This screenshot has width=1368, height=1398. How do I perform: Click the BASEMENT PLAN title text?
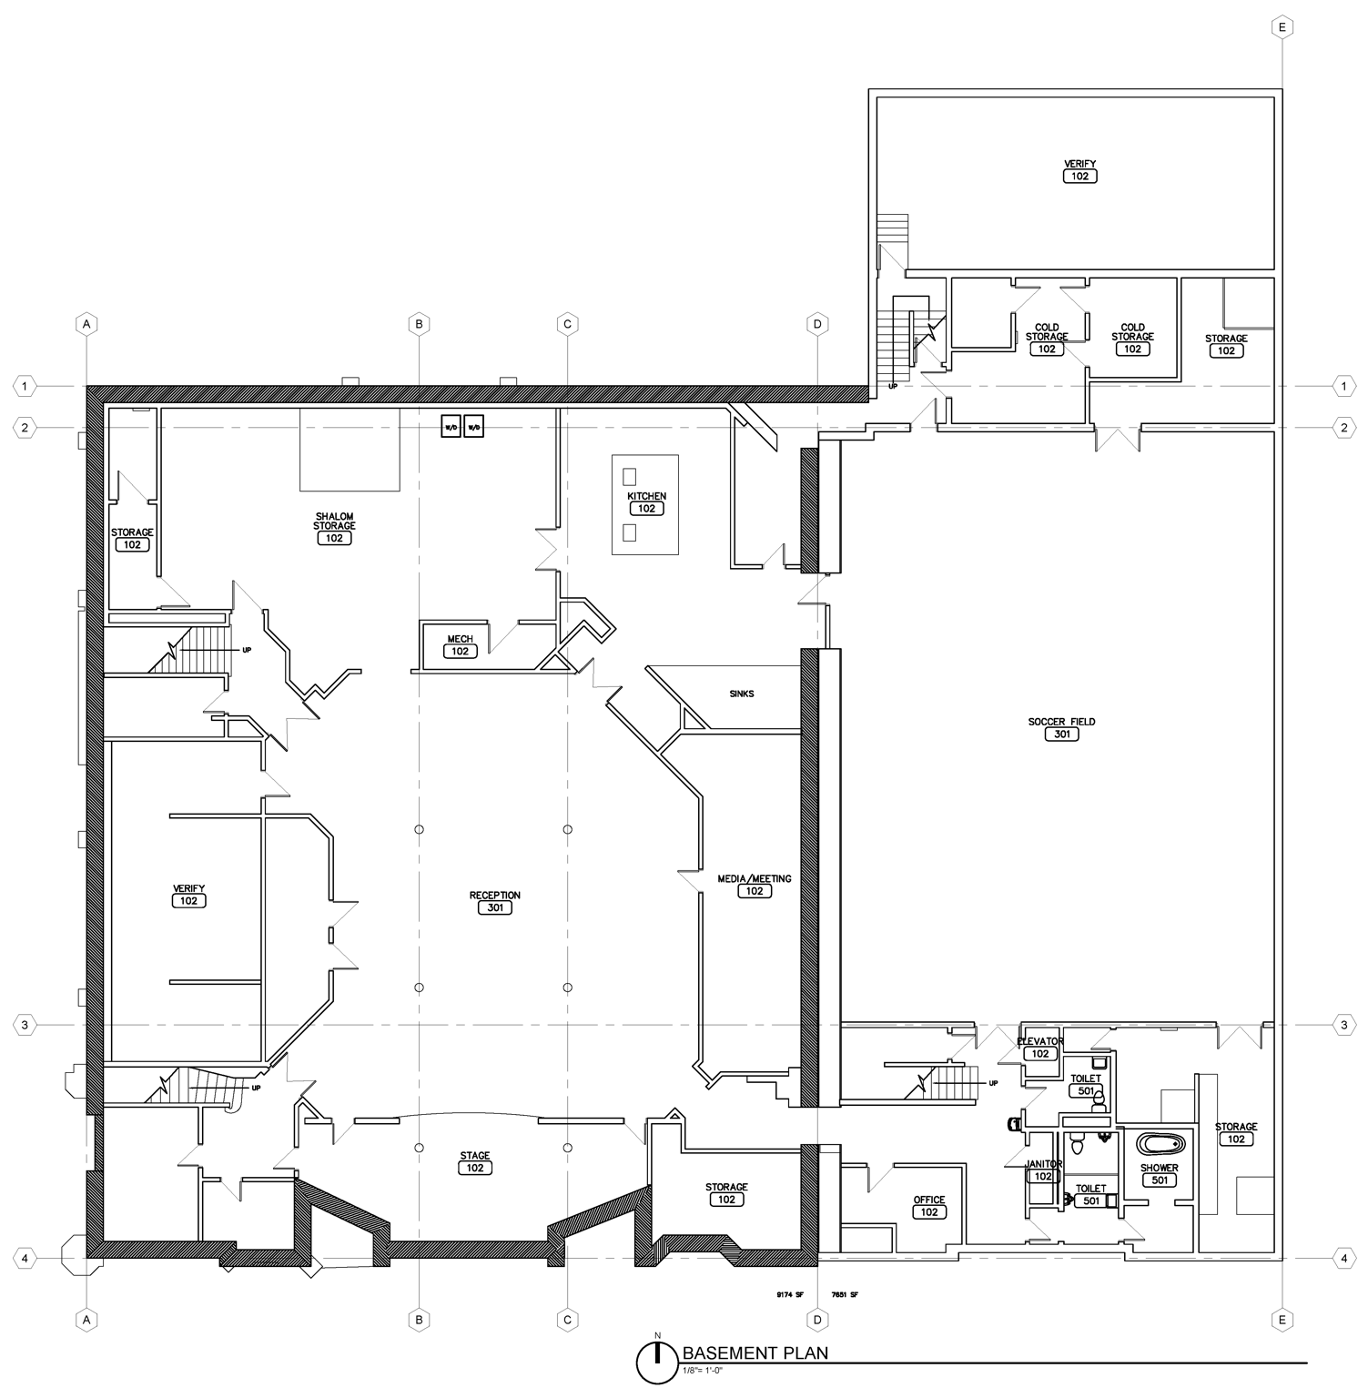[755, 1352]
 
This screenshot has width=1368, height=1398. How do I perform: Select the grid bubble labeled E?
[1282, 28]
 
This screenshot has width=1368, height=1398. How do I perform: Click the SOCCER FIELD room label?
[1061, 722]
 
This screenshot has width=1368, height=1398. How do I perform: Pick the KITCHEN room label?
[646, 496]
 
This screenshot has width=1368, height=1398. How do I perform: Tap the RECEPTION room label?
[494, 895]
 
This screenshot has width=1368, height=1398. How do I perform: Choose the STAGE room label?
[474, 1156]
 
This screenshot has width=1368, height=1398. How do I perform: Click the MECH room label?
[460, 639]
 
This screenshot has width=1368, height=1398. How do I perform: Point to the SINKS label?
[741, 694]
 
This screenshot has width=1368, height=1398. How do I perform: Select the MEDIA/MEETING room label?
[755, 878]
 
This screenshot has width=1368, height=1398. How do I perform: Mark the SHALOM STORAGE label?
[334, 522]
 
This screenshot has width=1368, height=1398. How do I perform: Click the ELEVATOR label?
[1040, 1041]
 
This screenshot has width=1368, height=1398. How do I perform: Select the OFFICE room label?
[929, 1200]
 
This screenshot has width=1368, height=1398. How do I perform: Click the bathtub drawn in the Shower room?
[1159, 1143]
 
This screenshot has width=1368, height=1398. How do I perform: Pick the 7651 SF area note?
[844, 1294]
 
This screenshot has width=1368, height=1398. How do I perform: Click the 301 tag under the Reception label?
[494, 907]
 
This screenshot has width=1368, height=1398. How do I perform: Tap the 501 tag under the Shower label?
[1159, 1180]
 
